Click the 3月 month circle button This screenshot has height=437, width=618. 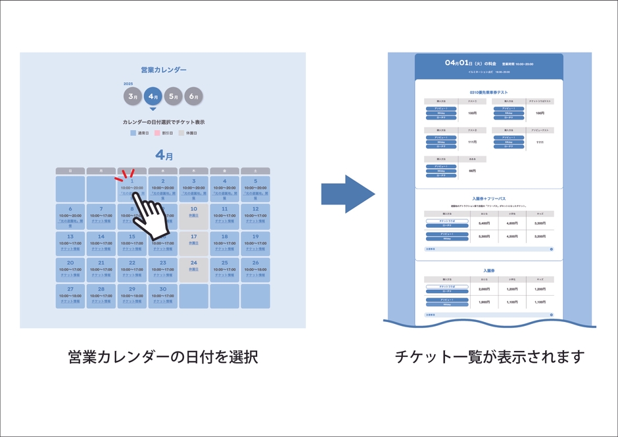[133, 97]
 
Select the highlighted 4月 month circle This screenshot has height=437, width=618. [153, 97]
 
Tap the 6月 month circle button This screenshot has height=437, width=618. [193, 97]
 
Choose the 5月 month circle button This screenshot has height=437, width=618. [173, 97]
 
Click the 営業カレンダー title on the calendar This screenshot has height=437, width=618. [163, 70]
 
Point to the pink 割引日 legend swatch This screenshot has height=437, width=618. [157, 133]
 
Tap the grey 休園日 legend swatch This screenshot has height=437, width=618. [181, 133]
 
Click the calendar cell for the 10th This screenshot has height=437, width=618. [193, 216]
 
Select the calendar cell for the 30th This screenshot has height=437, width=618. [163, 296]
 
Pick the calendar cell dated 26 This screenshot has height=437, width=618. [255, 269]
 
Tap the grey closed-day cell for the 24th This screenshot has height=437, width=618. [193, 269]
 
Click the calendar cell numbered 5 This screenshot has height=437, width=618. [255, 188]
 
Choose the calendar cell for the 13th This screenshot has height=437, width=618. [70, 242]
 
